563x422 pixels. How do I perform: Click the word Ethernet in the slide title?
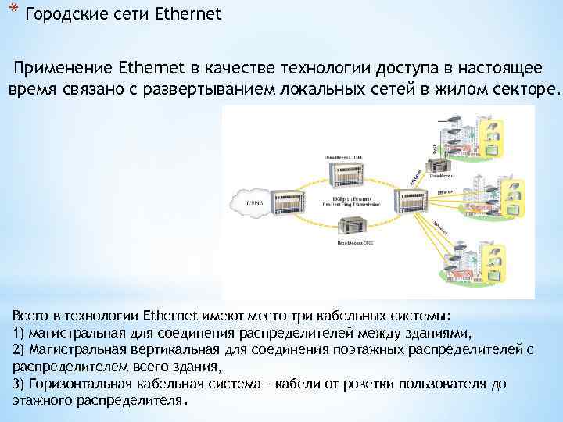point(188,14)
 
